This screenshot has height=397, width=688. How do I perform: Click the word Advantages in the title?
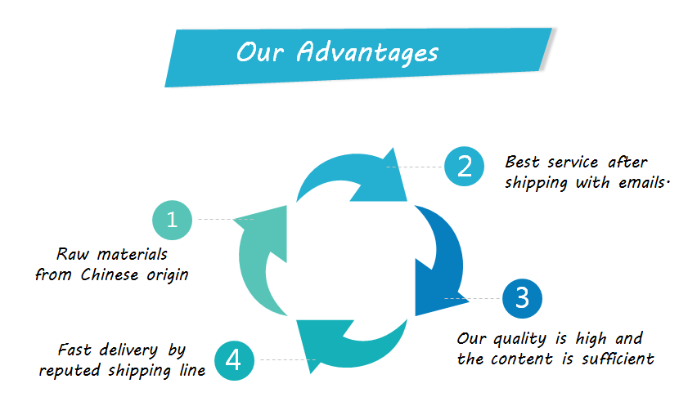click(x=367, y=52)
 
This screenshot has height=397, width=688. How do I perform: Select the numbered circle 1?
click(x=172, y=219)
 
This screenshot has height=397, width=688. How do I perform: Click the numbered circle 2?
click(x=465, y=167)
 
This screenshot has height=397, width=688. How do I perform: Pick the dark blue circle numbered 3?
click(x=523, y=299)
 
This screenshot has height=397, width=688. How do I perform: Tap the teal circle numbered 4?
click(x=234, y=359)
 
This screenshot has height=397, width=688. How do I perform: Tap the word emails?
click(x=637, y=182)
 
